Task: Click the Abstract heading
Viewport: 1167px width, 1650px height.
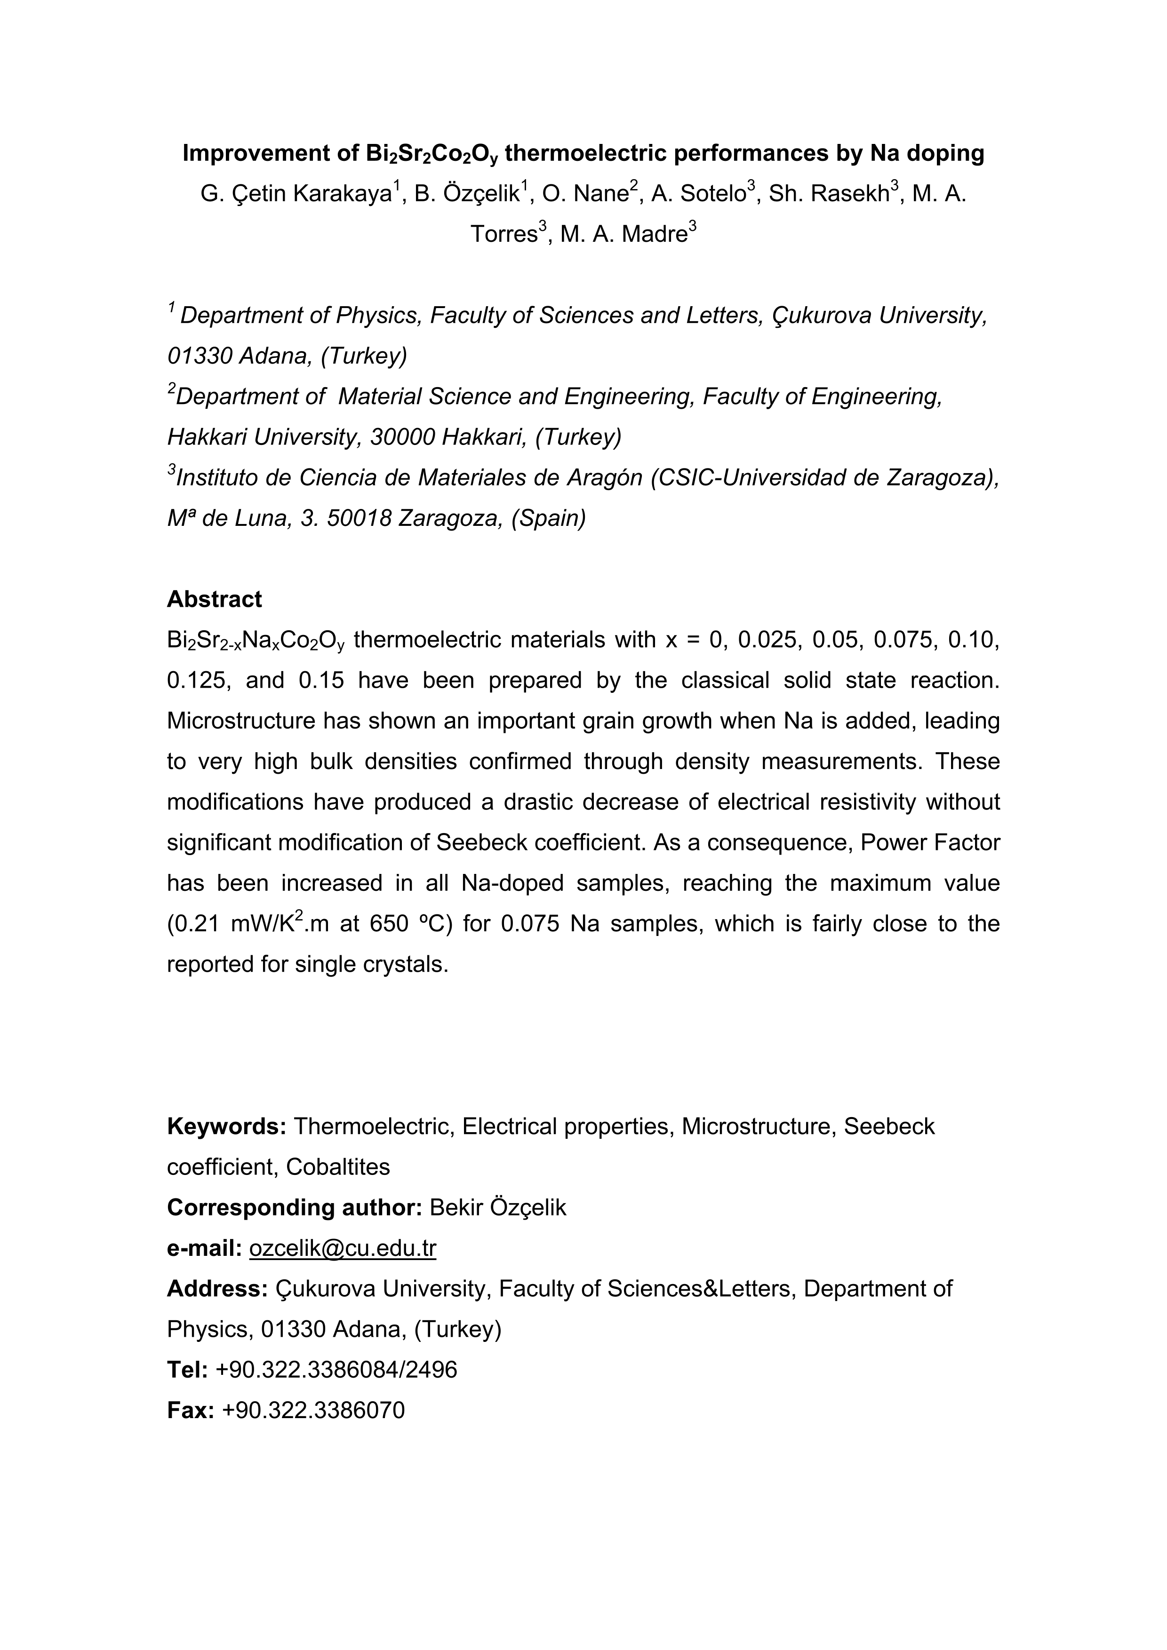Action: coord(214,599)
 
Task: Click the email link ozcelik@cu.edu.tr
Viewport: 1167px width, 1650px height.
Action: coord(342,1248)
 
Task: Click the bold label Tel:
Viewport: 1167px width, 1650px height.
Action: coord(187,1370)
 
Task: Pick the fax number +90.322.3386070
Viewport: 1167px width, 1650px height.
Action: coord(313,1410)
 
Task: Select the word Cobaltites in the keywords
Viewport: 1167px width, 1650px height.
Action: coord(338,1167)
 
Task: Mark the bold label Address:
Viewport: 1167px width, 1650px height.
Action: coord(217,1288)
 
